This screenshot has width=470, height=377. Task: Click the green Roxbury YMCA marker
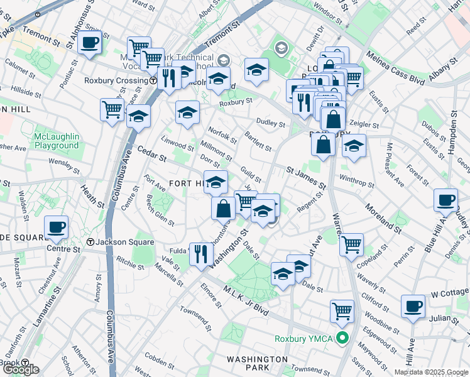342,339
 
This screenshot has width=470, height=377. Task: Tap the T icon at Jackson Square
90,242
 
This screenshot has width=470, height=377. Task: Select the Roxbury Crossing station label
116,81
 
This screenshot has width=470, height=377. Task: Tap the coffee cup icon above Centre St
55,227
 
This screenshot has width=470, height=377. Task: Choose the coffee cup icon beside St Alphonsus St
89,43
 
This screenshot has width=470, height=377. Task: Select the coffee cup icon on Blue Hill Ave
445,200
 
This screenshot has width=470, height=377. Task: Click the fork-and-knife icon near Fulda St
200,254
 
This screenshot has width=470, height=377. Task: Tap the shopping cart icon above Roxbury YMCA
342,310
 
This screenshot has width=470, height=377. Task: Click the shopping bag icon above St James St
323,144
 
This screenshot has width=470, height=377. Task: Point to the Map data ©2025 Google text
431,372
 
